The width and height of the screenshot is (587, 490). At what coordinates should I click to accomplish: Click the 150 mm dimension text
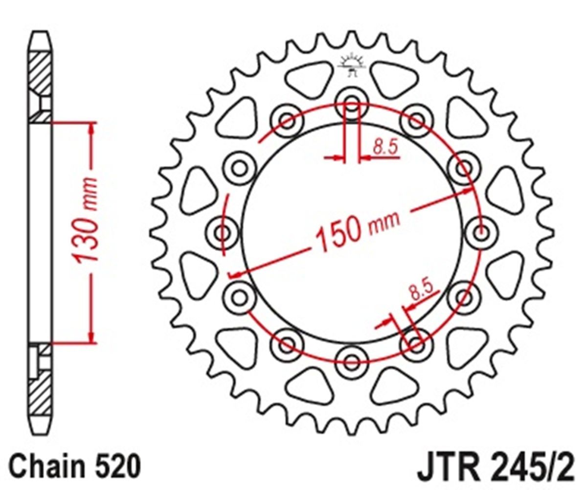pyautogui.click(x=358, y=233)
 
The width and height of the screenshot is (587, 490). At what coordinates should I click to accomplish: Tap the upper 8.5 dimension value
pyautogui.click(x=385, y=147)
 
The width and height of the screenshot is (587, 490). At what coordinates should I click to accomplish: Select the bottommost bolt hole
pyautogui.click(x=351, y=362)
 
